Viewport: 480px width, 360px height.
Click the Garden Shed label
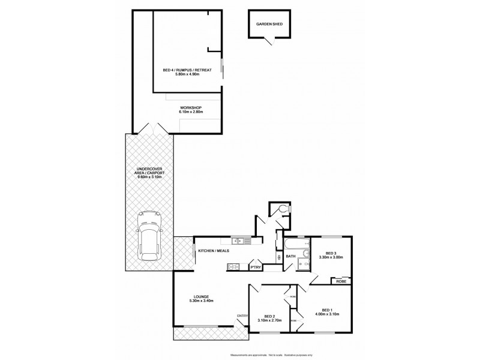point(269,25)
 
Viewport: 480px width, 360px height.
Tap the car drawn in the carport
point(149,236)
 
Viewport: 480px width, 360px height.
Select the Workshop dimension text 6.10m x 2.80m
point(191,112)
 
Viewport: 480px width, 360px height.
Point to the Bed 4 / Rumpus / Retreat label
point(187,70)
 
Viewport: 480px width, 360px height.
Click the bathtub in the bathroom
point(293,244)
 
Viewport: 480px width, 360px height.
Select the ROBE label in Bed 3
point(340,281)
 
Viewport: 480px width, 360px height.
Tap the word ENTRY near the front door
point(242,316)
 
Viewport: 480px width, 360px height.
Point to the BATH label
point(291,256)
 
